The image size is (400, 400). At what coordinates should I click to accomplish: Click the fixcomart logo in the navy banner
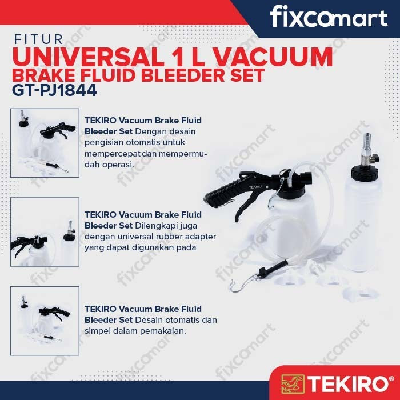point(329,17)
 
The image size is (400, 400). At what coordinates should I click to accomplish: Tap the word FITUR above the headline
point(38,39)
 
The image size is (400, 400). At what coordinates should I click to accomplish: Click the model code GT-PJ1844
point(54,90)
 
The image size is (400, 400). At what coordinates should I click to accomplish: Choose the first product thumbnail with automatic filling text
point(45,143)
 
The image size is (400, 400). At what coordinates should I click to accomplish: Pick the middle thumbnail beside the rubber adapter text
point(45,232)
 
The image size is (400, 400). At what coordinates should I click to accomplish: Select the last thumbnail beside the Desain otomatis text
point(45,321)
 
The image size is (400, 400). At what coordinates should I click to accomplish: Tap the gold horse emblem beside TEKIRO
point(293,383)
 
